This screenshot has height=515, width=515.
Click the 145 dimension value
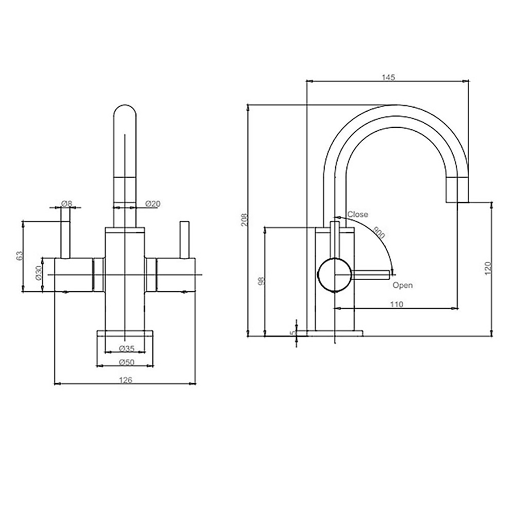[x=388, y=77]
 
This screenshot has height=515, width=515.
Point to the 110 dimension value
[x=396, y=304]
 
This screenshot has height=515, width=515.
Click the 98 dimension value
[x=261, y=281]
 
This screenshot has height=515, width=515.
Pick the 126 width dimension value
[x=126, y=380]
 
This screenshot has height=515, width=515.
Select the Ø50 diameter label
[x=126, y=362]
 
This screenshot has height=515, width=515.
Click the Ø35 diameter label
[x=126, y=349]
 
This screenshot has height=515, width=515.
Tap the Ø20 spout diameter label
[x=153, y=204]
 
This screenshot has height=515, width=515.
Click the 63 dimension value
[x=19, y=255]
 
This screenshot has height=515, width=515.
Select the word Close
[x=357, y=214]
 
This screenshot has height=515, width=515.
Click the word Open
[x=402, y=285]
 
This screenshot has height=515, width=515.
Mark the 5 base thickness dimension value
[x=292, y=332]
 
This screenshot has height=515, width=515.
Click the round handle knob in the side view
[x=334, y=275]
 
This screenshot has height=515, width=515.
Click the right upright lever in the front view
[x=184, y=239]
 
